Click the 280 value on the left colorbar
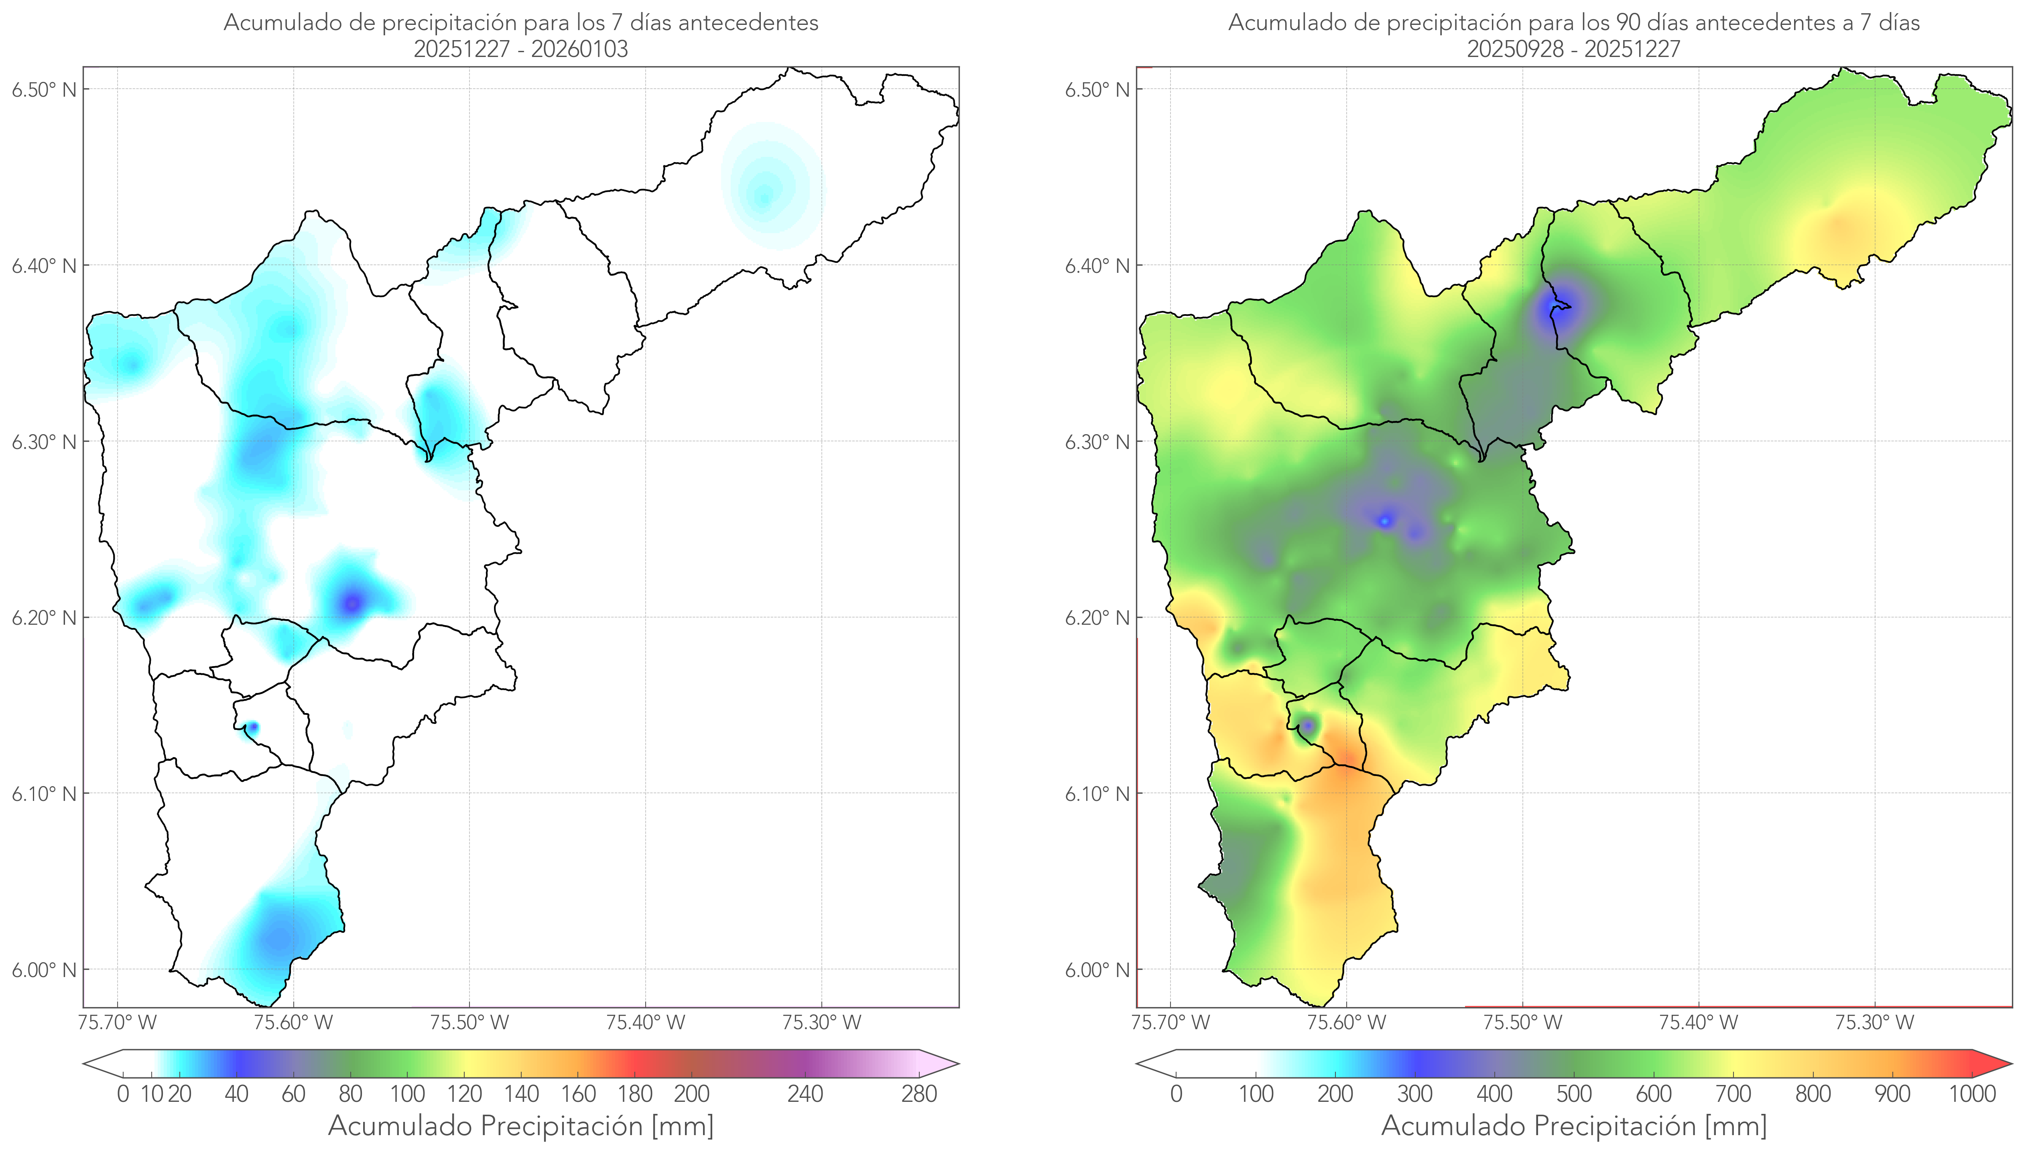[919, 1094]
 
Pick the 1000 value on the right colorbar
[1972, 1094]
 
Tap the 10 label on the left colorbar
[151, 1094]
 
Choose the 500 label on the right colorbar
[1574, 1094]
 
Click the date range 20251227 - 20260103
[521, 49]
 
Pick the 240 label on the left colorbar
[805, 1094]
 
